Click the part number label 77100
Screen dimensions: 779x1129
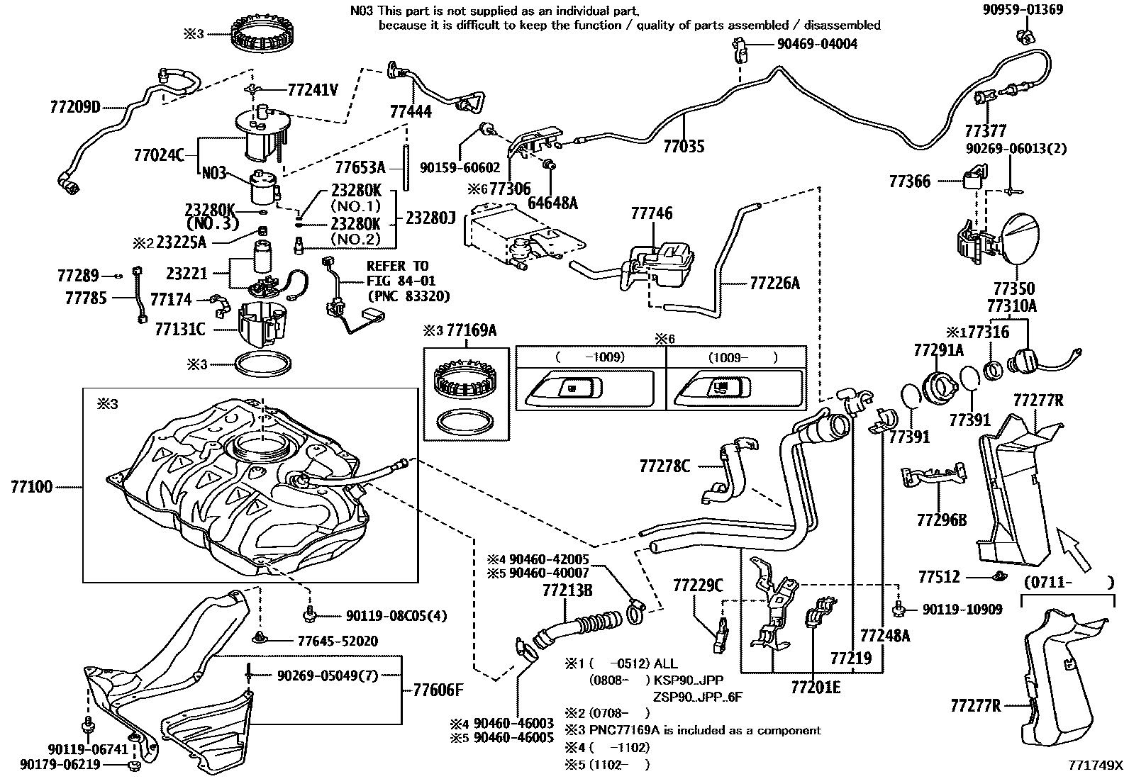click(x=32, y=488)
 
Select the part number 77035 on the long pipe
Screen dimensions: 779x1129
click(x=684, y=147)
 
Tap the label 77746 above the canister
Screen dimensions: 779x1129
click(x=651, y=214)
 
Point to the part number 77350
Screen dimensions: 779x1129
click(x=1013, y=289)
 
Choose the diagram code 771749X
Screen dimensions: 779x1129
click(x=1097, y=766)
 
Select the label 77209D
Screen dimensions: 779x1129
click(x=76, y=108)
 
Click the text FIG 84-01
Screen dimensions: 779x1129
click(x=401, y=281)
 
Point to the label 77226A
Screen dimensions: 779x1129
click(x=774, y=284)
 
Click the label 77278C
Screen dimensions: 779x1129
click(x=664, y=466)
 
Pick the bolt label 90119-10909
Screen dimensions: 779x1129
click(x=962, y=609)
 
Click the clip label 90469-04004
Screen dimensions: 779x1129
click(x=817, y=44)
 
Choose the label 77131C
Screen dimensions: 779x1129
click(x=179, y=329)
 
